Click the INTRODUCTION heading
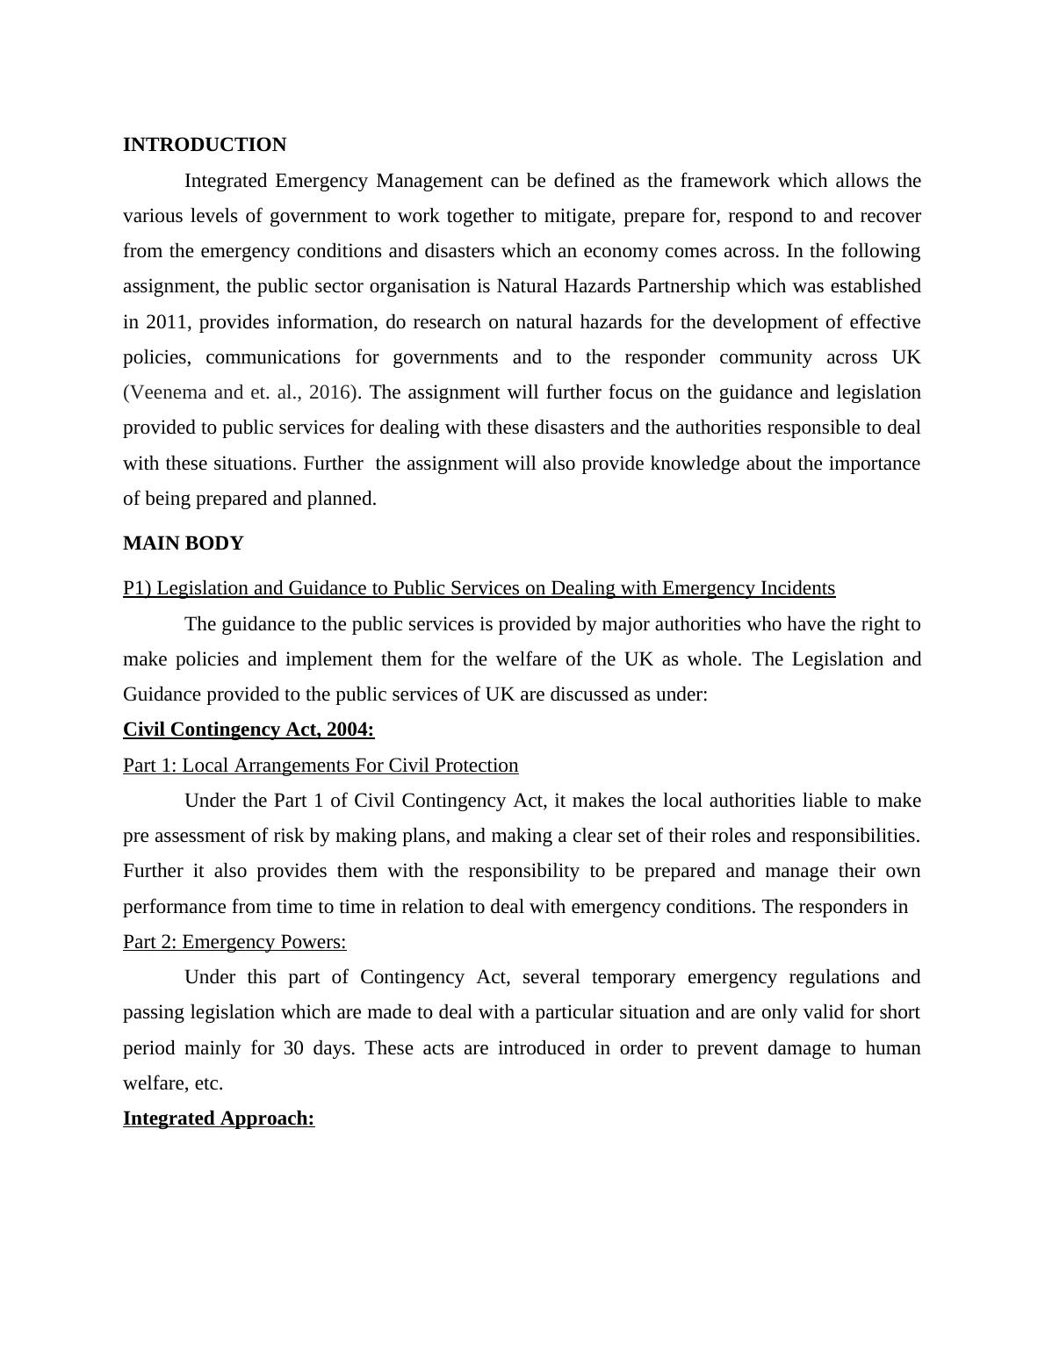[x=204, y=145]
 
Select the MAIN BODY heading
[x=183, y=543]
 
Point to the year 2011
[x=166, y=322]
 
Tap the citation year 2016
[x=328, y=392]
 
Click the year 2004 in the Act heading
[x=349, y=730]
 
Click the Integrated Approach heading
[x=219, y=1118]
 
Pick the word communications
[x=273, y=357]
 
